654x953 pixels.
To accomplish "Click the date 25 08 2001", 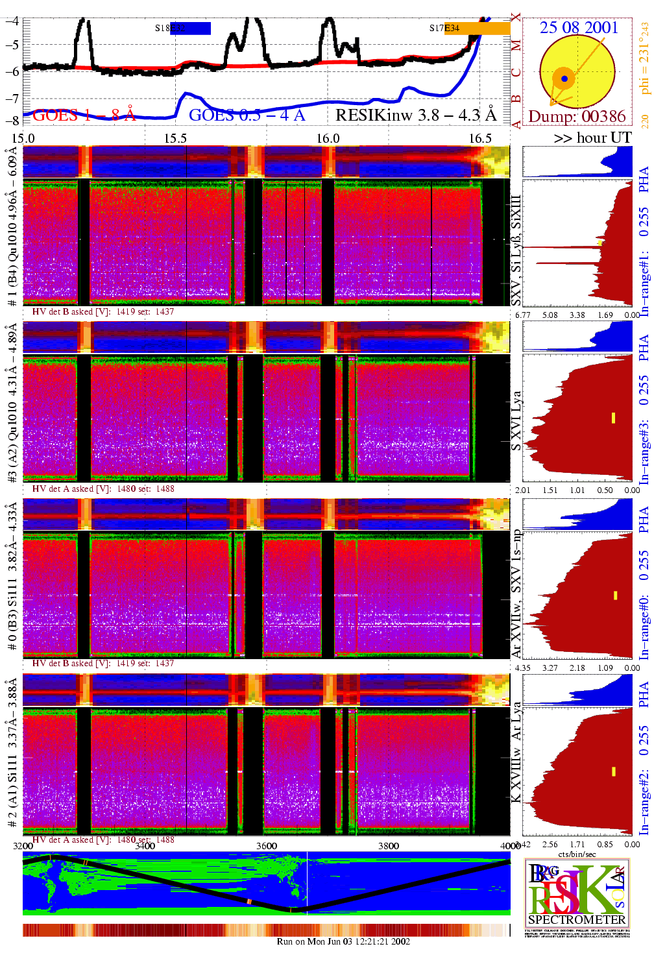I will (579, 27).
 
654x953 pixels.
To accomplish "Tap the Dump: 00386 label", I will (577, 116).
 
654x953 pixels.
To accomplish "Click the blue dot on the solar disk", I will (564, 78).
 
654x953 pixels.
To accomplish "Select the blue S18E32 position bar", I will (190, 28).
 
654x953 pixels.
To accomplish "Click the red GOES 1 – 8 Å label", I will (84, 115).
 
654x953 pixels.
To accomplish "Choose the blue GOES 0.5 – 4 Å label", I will (247, 115).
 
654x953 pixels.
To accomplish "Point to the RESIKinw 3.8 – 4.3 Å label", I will (415, 115).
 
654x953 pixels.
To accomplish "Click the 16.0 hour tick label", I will (328, 138).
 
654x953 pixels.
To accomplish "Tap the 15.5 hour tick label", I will (175, 138).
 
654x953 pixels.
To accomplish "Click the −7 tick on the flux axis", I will (12, 98).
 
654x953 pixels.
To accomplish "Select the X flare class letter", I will (516, 18).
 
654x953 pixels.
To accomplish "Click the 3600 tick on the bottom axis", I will (267, 846).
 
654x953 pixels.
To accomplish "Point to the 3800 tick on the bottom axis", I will (389, 846).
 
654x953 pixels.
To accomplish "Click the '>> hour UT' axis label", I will (592, 138).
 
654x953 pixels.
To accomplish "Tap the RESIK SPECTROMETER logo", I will (577, 893).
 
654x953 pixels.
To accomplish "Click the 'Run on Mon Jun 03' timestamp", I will (343, 941).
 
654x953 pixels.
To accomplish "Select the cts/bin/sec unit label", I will (577, 854).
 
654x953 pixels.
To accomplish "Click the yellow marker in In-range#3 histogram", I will (613, 418).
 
